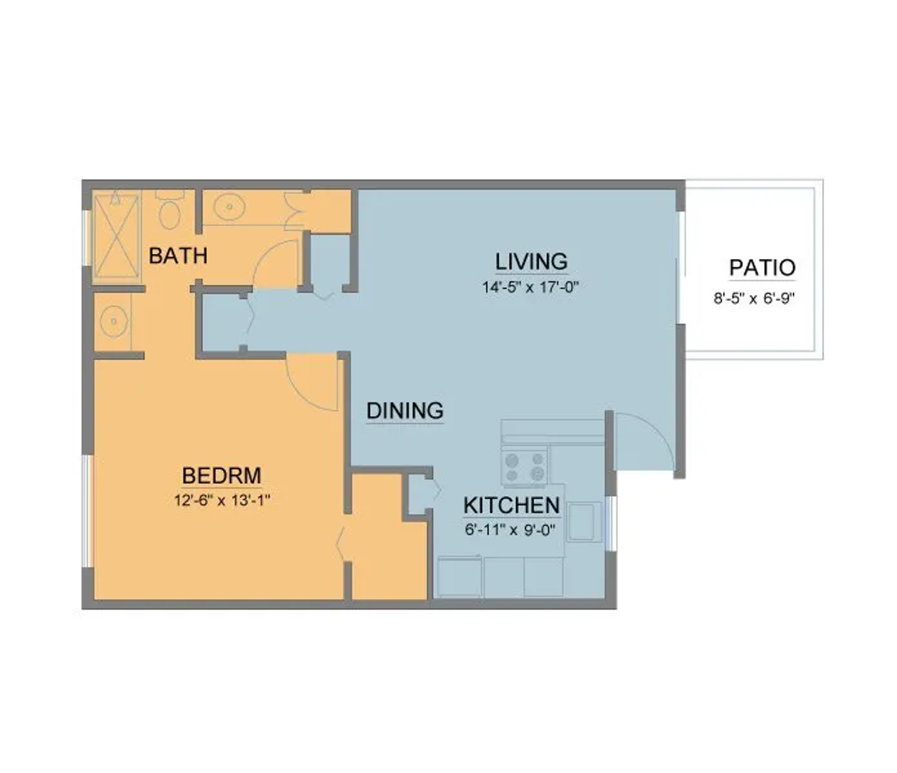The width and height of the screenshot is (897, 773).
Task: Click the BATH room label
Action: point(178,256)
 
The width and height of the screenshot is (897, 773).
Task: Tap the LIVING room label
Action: point(531,261)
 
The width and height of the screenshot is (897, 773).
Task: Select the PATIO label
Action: point(762,268)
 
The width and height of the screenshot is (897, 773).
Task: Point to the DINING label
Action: point(405,410)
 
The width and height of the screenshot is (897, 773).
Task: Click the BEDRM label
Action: point(222,476)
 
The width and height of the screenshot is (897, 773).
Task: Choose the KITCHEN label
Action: point(512,505)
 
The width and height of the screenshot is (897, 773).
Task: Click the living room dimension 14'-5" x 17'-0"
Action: point(530,287)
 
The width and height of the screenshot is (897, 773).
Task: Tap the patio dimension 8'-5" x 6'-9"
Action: point(755,298)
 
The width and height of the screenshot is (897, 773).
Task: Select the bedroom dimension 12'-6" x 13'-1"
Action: point(222,500)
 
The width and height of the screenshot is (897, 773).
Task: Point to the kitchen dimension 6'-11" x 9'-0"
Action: point(510,530)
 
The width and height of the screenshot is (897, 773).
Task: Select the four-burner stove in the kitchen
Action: point(524,467)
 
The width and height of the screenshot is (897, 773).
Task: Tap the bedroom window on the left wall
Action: point(87,510)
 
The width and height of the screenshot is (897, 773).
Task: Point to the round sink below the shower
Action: point(114,321)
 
